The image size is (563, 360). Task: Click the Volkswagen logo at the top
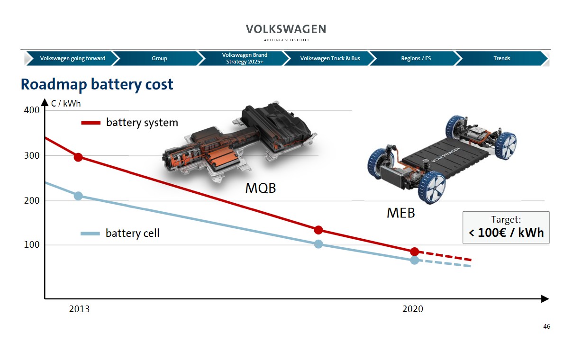tap(286, 29)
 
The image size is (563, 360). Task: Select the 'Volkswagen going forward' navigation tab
tap(73, 58)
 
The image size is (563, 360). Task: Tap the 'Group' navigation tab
tap(159, 58)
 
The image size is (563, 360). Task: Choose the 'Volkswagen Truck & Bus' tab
tap(330, 58)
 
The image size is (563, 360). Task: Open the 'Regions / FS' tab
tap(416, 58)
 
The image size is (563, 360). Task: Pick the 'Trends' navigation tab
tap(501, 58)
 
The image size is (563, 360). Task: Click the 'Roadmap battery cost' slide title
tap(97, 84)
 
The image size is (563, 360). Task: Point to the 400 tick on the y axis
tap(32, 110)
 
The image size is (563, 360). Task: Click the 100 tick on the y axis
tap(32, 245)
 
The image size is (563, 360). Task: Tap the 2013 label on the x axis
tap(79, 309)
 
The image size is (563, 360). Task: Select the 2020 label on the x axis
tap(412, 309)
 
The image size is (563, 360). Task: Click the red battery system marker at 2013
tap(78, 157)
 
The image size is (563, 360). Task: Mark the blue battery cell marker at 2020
tap(414, 260)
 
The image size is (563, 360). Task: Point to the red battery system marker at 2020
tap(414, 252)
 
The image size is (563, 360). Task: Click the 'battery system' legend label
tap(142, 123)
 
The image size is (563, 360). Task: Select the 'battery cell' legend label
tap(132, 233)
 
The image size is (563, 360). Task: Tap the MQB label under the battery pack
tap(260, 189)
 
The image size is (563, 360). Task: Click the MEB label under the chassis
tap(400, 213)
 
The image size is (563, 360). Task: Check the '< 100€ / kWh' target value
tap(506, 233)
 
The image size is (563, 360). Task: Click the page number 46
tap(546, 326)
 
